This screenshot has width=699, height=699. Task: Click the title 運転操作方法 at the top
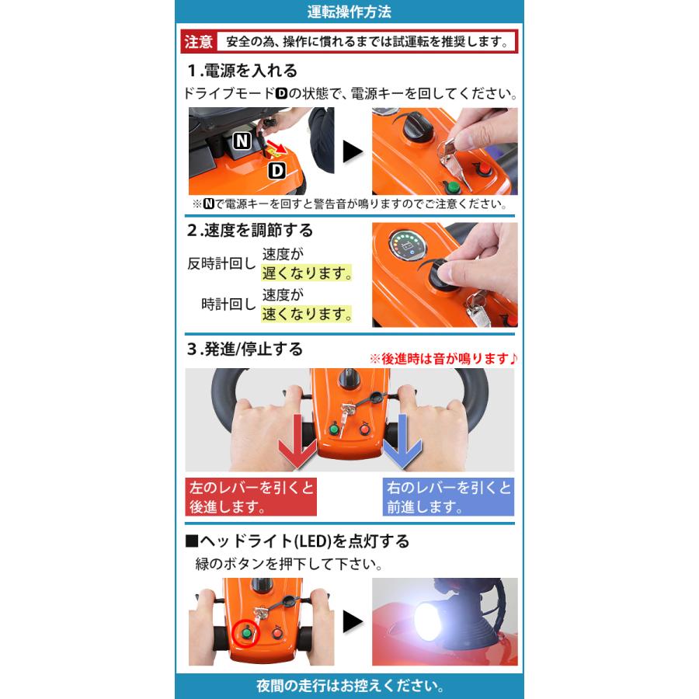[349, 12]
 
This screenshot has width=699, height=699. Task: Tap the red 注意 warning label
[198, 42]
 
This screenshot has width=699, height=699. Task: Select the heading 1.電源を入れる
[242, 71]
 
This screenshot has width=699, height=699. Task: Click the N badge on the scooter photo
[242, 141]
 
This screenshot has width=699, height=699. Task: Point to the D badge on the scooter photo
[276, 170]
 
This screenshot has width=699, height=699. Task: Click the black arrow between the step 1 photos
[353, 151]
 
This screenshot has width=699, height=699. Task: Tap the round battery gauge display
[407, 247]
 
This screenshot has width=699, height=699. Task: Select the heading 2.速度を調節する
[250, 231]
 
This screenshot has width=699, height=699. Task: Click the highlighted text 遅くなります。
[307, 273]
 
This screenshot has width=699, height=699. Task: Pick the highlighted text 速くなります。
[307, 314]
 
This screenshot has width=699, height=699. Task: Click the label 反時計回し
[221, 263]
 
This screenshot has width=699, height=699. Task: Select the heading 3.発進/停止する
[245, 349]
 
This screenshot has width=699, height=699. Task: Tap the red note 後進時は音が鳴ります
[443, 358]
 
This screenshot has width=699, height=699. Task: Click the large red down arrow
[297, 442]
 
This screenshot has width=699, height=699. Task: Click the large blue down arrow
[402, 442]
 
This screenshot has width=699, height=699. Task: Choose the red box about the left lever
[251, 497]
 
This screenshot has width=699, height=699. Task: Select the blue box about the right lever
[448, 497]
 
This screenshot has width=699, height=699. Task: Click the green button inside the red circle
[245, 632]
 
